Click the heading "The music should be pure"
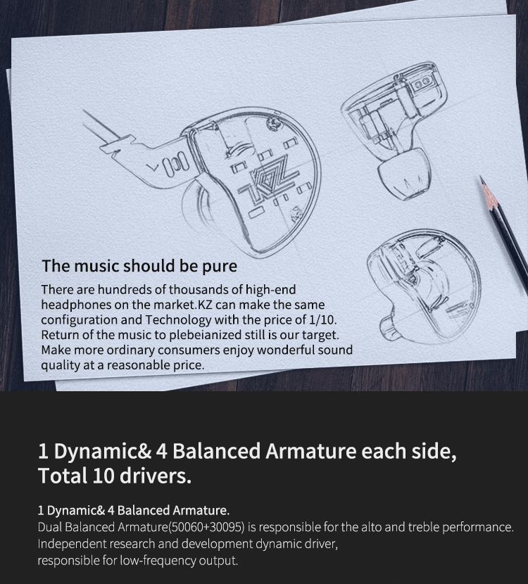[139, 266]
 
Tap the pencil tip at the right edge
[484, 182]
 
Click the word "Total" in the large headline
[61, 476]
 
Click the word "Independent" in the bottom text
[70, 544]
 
